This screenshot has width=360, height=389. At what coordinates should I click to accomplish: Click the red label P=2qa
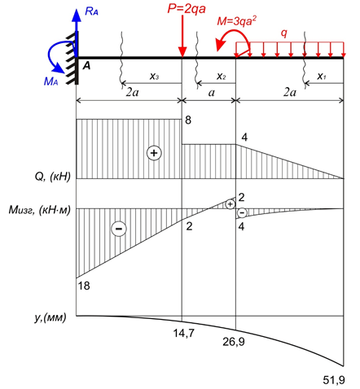coord(187,9)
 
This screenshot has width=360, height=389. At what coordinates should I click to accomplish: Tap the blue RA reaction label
coord(91,11)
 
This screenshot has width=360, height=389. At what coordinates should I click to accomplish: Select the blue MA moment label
coord(50,81)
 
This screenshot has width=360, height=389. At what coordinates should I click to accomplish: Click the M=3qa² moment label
coord(237,20)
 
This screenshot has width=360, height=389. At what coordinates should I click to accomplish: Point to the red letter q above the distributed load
coord(284,33)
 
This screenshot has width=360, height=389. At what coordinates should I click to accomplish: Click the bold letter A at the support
coord(86,66)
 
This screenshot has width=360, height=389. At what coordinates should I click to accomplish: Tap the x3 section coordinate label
coord(155,76)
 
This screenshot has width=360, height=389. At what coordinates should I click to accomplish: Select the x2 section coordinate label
coord(222,76)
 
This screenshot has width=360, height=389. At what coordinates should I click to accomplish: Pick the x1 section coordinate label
coord(322,76)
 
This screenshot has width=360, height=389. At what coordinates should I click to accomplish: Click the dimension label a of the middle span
coord(212,93)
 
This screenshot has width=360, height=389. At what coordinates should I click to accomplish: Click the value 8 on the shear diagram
coord(188,120)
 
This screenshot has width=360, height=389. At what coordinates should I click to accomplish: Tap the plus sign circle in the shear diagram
coord(154,153)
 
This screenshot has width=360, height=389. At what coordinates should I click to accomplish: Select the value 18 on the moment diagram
coord(84,286)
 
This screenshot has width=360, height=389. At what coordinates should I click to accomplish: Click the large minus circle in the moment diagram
coord(119,229)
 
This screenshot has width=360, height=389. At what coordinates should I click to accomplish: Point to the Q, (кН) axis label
coord(52,177)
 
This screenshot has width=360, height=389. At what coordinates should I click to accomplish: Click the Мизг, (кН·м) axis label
coord(40,210)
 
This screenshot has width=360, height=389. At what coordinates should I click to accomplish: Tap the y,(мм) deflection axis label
coord(50,317)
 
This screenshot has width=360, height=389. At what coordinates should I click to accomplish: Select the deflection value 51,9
coord(334,380)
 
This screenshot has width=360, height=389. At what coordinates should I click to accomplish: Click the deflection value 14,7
coord(184,333)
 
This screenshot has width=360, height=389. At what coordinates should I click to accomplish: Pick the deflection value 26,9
coord(234,342)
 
